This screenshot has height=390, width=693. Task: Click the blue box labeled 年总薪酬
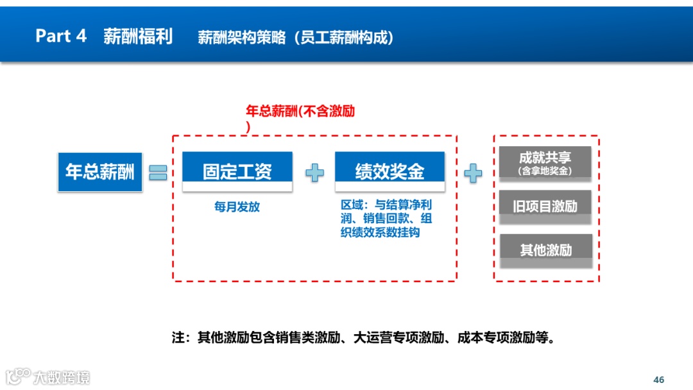click(100, 172)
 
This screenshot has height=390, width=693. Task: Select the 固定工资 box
click(237, 171)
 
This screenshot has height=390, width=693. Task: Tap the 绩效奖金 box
click(389, 171)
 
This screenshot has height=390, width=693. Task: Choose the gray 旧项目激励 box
click(545, 206)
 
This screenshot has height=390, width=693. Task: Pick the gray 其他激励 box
click(545, 250)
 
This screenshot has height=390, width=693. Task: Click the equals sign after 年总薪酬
click(158, 172)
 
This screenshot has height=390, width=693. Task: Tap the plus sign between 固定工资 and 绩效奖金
click(314, 172)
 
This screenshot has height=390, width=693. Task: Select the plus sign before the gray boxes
click(473, 173)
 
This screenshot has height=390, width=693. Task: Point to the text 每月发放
click(237, 207)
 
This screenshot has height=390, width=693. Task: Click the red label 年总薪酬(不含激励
click(300, 111)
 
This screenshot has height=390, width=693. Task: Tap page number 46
click(658, 379)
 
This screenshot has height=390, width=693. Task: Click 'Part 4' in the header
click(61, 36)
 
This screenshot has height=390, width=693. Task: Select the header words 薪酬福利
click(138, 36)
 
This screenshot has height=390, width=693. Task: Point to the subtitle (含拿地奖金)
click(545, 171)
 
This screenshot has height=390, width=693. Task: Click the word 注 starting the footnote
click(178, 337)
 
